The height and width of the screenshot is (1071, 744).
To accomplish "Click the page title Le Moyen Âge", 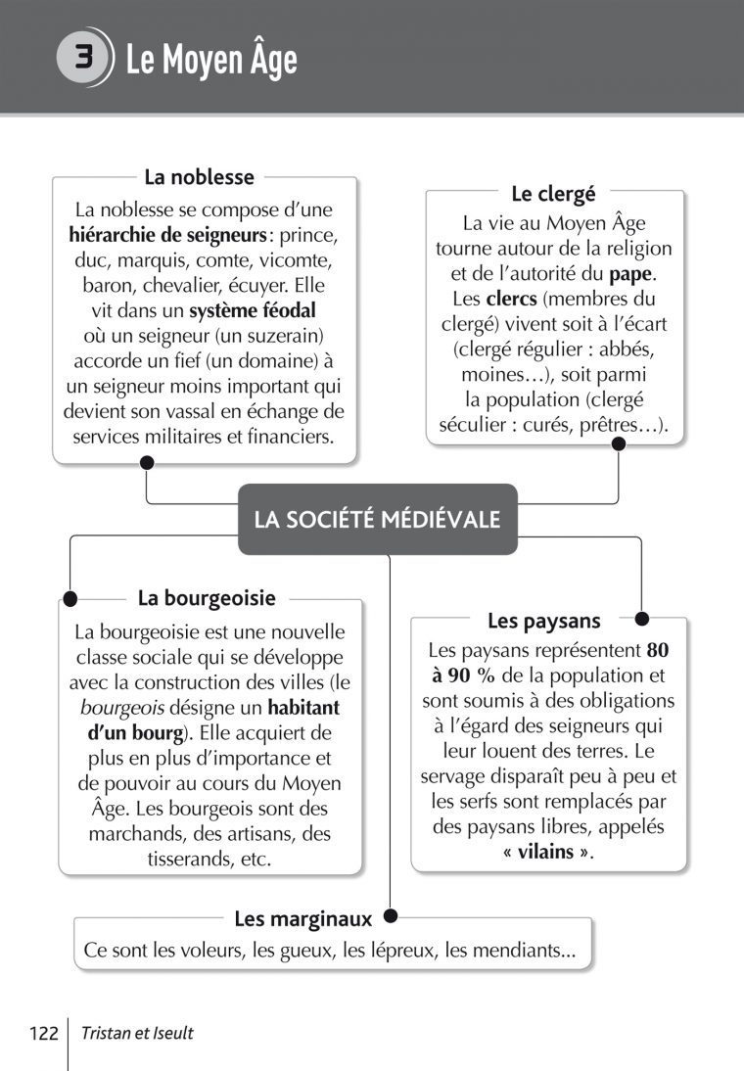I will point(210,61).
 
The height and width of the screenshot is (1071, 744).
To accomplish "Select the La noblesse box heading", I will point(199,177).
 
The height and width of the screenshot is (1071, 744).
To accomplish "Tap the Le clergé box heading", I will point(553,194).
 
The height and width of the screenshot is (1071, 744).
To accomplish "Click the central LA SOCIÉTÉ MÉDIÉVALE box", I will point(377,519).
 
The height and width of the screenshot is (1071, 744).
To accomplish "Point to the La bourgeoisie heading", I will point(207,598).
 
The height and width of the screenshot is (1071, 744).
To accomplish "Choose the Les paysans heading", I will point(543,621).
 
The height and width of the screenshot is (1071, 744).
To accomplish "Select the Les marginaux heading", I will point(303,919).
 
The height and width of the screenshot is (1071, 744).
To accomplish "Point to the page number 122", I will point(45,1033).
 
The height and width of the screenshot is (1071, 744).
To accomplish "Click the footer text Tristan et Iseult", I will point(138,1033).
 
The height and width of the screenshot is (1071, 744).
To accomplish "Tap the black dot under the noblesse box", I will point(146,462).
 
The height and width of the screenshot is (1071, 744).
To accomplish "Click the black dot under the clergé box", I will point(619,443).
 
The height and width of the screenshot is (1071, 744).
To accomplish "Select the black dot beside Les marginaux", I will point(390,917).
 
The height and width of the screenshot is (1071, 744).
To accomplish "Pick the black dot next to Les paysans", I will point(641,619).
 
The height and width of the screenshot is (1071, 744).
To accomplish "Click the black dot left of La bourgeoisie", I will point(70,598).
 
